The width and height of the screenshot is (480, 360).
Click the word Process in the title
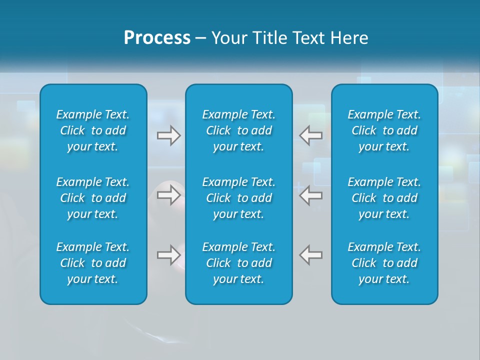(x=157, y=38)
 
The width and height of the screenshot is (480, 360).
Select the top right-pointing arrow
(x=169, y=135)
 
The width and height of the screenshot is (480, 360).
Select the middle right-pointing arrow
(x=169, y=195)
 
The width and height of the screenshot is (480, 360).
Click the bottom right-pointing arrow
(x=169, y=255)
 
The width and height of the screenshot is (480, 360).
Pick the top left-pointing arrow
(x=310, y=135)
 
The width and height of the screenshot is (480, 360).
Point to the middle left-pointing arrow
(x=310, y=195)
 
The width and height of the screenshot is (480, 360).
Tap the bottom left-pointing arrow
(x=310, y=255)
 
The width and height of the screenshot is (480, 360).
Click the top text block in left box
(x=93, y=130)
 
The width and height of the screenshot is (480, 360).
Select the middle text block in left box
(x=93, y=198)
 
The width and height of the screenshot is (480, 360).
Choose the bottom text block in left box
(x=93, y=263)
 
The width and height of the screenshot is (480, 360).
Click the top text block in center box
(x=239, y=130)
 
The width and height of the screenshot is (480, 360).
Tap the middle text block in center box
(x=239, y=198)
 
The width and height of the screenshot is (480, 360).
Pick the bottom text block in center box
(x=239, y=263)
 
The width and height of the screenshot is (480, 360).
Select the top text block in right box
(x=384, y=130)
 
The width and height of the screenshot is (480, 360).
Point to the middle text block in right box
(x=384, y=198)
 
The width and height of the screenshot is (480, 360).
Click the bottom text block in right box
(x=384, y=263)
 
